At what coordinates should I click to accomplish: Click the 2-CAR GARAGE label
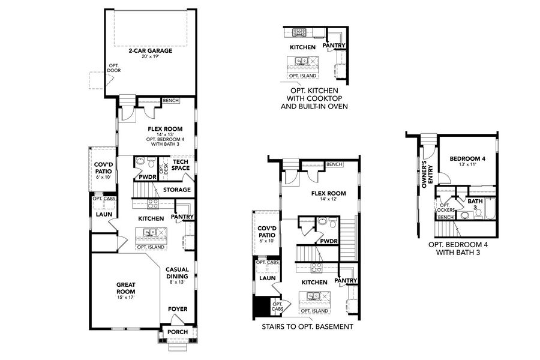(149, 51)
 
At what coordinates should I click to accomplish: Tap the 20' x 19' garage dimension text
(149, 58)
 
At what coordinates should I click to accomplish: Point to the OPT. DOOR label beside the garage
(114, 68)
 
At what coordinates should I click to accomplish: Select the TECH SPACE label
(181, 164)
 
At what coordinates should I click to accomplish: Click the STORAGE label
(177, 190)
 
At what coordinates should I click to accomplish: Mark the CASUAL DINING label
(177, 272)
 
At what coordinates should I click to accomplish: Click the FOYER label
(178, 309)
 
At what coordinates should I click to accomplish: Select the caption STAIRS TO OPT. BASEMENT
(307, 328)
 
